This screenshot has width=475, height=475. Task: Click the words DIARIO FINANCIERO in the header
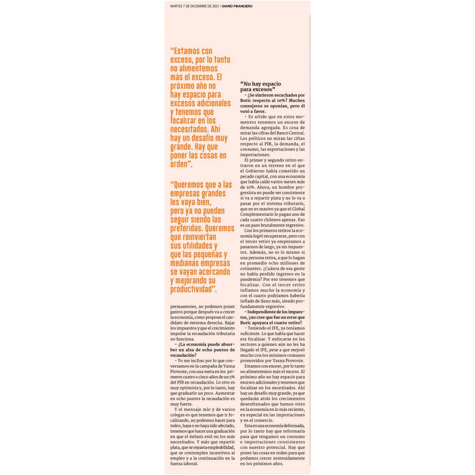point(237,6)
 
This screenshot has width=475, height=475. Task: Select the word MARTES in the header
point(177,6)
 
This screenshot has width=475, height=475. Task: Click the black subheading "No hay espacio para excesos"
point(260,86)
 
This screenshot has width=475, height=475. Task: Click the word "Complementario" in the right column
point(257,214)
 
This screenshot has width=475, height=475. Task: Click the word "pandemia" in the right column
point(251,279)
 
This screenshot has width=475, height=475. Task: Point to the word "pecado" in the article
point(249,176)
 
